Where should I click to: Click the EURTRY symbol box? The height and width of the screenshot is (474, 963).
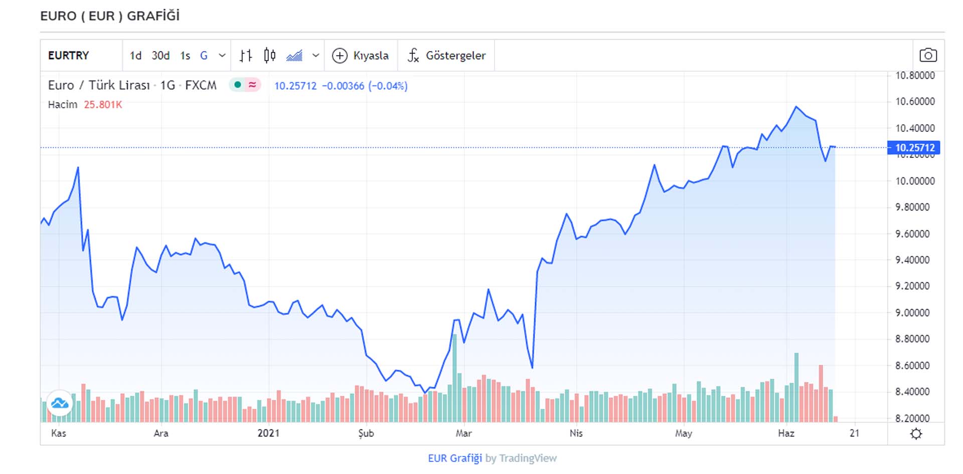[69, 56]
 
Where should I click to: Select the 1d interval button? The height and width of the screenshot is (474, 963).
[135, 56]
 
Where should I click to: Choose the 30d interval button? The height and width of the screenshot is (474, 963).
[160, 56]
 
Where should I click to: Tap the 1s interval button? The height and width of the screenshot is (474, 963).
[185, 56]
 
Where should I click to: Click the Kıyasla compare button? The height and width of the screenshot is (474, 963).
[361, 56]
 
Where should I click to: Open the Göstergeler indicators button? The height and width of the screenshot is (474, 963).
[446, 56]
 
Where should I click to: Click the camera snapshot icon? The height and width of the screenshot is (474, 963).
[928, 55]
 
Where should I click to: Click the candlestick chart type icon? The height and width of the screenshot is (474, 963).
[269, 56]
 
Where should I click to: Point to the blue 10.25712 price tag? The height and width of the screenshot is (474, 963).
[914, 148]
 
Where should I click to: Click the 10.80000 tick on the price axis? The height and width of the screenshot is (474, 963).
[915, 76]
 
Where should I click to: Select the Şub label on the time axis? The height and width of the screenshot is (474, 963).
[366, 433]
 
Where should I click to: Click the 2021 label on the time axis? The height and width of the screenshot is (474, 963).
[268, 433]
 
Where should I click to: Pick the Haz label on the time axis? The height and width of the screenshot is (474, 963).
[786, 433]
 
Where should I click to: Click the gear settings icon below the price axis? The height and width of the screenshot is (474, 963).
[916, 434]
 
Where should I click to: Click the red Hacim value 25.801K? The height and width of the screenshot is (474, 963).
[103, 105]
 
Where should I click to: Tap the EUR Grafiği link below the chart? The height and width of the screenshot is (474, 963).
[454, 458]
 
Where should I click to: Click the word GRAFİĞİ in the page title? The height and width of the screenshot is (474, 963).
[153, 16]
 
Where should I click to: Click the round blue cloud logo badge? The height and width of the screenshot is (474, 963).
[60, 403]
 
